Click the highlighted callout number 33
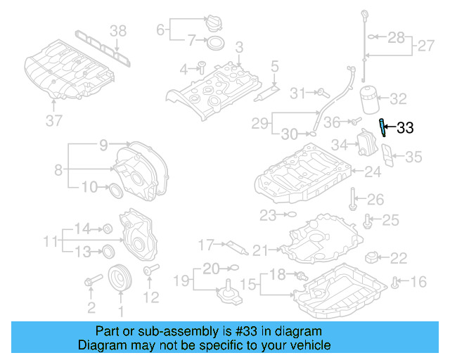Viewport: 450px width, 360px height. pos(406,128)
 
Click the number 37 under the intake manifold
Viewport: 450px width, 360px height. pos(54,120)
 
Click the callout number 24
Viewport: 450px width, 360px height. pos(372,171)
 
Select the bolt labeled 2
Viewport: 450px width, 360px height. pos(90,283)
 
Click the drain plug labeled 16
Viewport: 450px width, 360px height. pos(396,283)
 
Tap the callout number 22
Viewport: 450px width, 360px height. pos(398,258)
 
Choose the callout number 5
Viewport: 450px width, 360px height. pos(275,67)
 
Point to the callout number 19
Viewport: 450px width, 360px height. pos(182,281)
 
